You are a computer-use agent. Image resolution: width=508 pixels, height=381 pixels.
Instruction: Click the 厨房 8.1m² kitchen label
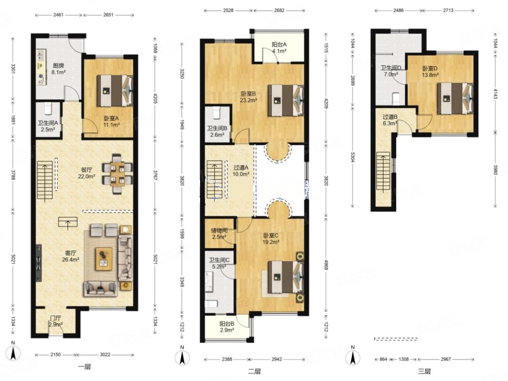(x=59, y=69)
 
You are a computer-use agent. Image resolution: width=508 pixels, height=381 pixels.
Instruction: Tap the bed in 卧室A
(x=115, y=91)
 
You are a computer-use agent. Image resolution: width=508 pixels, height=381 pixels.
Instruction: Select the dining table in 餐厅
(x=117, y=173)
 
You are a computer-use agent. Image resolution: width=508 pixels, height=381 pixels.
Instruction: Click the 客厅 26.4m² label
(x=70, y=256)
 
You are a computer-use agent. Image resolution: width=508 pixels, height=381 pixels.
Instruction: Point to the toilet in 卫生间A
(x=48, y=108)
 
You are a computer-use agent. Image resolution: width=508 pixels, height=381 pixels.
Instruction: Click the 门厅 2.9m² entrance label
(x=56, y=321)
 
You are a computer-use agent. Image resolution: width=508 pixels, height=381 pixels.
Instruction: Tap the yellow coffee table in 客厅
(x=103, y=259)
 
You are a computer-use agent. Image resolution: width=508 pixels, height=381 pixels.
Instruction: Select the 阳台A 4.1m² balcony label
(x=279, y=48)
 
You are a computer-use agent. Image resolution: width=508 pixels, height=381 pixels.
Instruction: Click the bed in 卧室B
(x=285, y=100)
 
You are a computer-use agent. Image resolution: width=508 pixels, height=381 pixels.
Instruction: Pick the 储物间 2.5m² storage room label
(x=219, y=233)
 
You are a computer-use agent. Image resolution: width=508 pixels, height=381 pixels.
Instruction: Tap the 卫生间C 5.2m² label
(x=219, y=263)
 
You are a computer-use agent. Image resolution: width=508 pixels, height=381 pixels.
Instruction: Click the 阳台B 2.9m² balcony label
(x=226, y=326)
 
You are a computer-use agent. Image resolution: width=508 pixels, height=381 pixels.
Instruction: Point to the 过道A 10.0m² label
(x=241, y=171)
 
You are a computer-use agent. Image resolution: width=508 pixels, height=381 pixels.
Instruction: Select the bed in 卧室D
(x=455, y=98)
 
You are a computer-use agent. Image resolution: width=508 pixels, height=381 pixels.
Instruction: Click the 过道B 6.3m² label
(x=390, y=120)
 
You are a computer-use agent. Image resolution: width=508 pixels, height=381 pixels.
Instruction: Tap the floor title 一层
(x=84, y=366)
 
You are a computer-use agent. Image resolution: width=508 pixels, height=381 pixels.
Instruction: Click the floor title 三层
(x=424, y=371)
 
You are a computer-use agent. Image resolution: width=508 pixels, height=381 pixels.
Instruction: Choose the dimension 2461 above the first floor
(x=59, y=15)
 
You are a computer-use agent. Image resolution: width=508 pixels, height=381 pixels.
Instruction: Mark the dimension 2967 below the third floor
(x=446, y=359)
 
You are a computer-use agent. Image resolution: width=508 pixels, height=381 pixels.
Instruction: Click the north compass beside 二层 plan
(x=183, y=357)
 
